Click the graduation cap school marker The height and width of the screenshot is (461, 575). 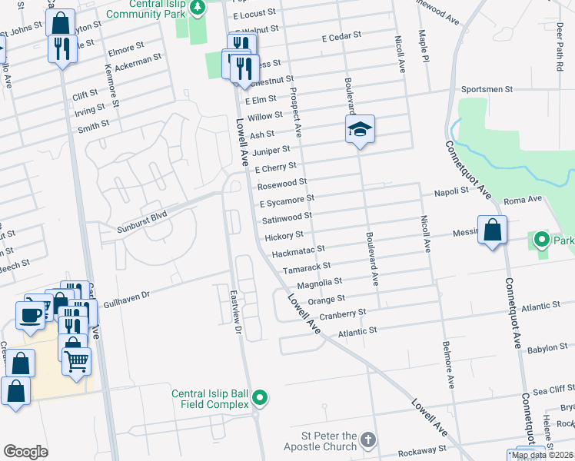(359, 129)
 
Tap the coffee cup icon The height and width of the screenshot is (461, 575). (30, 314)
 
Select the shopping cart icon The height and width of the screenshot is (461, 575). (76, 360)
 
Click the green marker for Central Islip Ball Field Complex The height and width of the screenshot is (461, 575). (261, 397)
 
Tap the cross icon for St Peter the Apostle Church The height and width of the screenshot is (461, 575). (368, 439)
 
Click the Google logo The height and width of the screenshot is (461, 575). (25, 452)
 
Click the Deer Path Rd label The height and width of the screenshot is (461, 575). (559, 51)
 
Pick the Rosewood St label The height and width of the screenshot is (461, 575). (282, 184)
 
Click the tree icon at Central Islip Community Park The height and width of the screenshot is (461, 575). (198, 7)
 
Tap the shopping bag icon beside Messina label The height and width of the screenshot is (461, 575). (492, 230)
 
